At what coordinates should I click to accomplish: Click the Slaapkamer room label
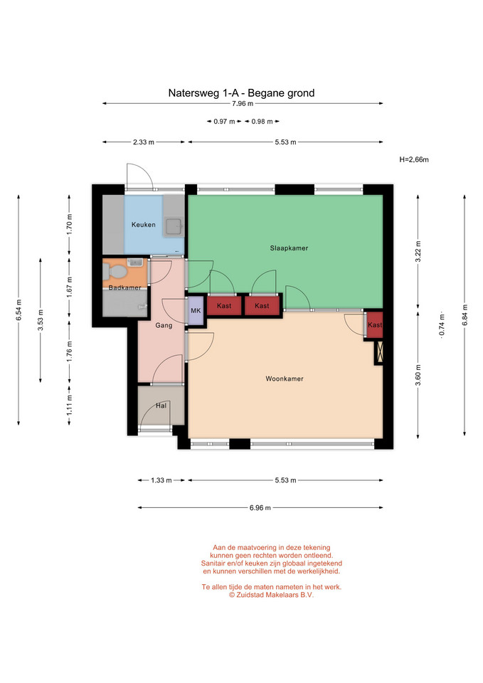[x=289, y=248]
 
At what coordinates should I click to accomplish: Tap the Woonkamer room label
[x=285, y=378]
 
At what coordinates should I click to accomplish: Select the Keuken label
[x=143, y=225]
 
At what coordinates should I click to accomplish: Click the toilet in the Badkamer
[x=115, y=271]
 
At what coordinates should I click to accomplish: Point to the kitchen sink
[x=174, y=226]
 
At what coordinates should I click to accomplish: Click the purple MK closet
[x=196, y=311]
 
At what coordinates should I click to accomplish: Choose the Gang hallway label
[x=164, y=325]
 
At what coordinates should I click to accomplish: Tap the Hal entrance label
[x=161, y=406]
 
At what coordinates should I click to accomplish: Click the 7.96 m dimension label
[x=243, y=104]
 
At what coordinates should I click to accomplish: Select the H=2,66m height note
[x=414, y=159]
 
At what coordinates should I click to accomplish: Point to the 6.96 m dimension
[x=260, y=508]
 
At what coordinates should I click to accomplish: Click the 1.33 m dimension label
[x=161, y=480]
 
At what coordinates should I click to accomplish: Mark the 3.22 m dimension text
[x=418, y=251]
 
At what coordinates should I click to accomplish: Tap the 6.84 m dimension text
[x=465, y=315]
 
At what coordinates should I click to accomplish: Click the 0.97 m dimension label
[x=224, y=122]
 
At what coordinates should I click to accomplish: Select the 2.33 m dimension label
[x=143, y=142]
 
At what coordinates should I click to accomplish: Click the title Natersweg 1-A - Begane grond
[x=241, y=92]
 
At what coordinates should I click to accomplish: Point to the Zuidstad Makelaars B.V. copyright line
[x=271, y=595]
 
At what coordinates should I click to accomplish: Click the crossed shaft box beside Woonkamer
[x=379, y=352]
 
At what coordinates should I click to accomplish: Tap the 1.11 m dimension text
[x=70, y=405]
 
